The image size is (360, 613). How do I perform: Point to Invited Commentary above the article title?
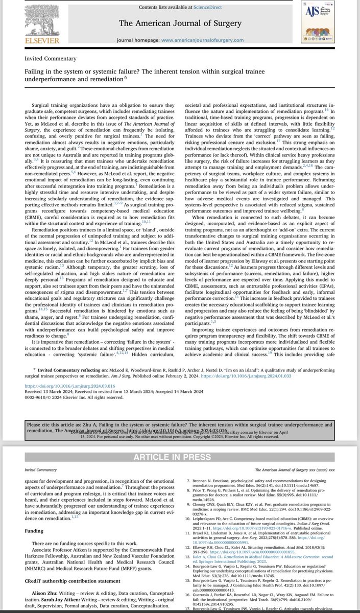tap(51, 59)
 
